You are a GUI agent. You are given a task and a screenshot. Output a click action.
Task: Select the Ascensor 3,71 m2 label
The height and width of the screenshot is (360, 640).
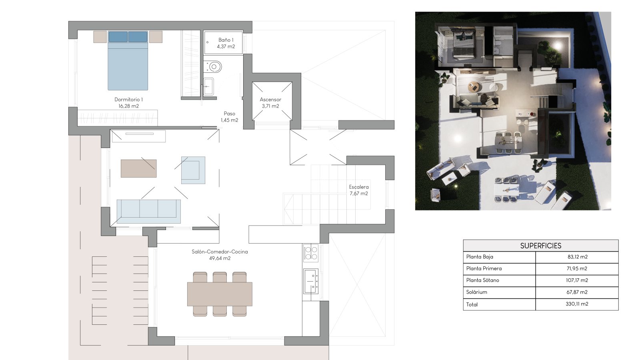(x=270, y=102)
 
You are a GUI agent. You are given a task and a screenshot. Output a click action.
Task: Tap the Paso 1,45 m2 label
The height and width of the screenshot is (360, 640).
(x=230, y=117)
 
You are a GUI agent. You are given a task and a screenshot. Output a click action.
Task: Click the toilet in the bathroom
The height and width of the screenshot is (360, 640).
(x=212, y=67)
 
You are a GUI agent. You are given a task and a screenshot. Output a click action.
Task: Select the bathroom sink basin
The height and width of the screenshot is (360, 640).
(x=208, y=86)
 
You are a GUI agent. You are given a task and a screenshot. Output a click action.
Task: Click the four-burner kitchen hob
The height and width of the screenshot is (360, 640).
(x=311, y=253)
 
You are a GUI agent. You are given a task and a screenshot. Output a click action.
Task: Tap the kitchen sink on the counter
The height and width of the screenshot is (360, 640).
(x=311, y=281)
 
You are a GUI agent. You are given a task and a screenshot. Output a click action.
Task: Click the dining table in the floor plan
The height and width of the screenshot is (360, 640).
(x=220, y=294)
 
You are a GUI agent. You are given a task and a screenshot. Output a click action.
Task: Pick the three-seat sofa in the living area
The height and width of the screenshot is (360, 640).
(x=148, y=212)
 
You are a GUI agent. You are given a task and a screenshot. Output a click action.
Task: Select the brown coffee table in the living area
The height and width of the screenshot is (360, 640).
(x=138, y=168)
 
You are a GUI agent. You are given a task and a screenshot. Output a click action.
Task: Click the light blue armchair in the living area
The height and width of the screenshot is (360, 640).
(x=193, y=170)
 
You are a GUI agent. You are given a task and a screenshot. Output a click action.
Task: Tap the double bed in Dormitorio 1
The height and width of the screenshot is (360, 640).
(x=128, y=60)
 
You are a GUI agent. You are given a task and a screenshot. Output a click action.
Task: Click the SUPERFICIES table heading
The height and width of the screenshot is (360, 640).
(x=540, y=246)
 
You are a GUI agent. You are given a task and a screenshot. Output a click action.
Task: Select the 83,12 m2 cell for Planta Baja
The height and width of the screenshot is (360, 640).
(x=578, y=257)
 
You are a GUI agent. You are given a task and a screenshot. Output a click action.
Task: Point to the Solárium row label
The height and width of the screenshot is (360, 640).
(x=476, y=292)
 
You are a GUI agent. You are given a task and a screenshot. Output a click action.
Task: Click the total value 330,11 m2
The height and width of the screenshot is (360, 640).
(x=577, y=304)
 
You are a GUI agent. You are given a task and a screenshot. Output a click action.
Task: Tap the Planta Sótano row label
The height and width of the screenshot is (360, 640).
(x=482, y=280)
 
